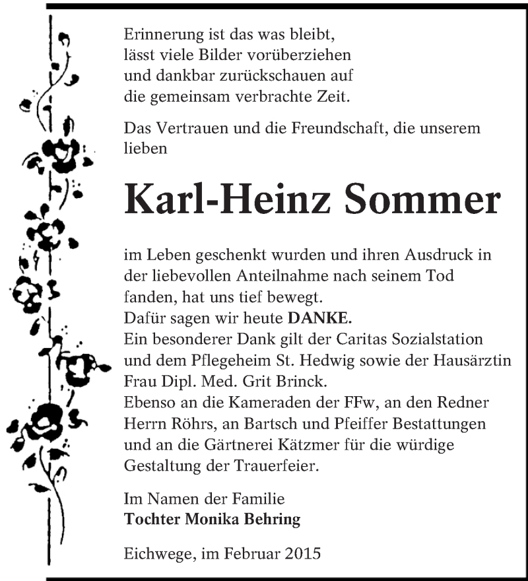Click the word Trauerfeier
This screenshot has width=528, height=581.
tap(275, 466)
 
